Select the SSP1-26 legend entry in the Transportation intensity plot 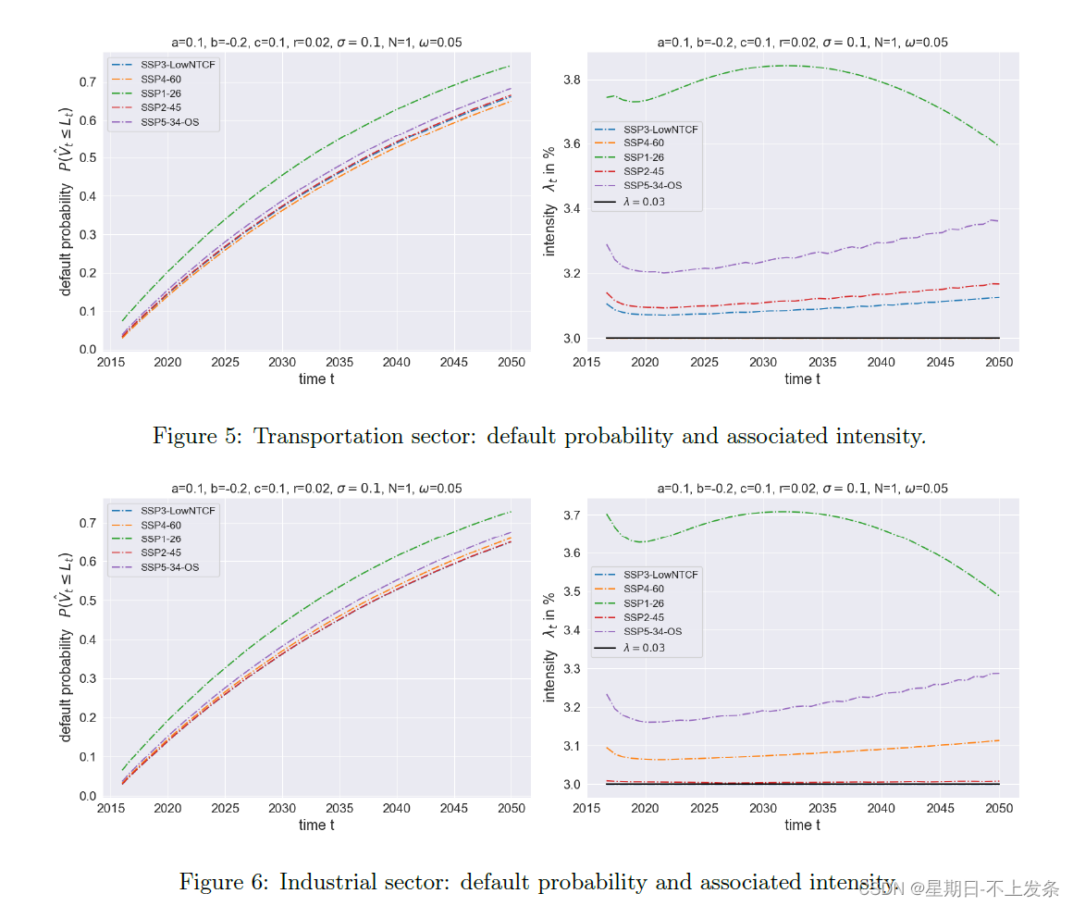coord(643,157)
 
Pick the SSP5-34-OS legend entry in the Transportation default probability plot coord(175,121)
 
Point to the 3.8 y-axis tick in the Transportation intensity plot coord(573,81)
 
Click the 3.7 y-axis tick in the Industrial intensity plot coord(573,515)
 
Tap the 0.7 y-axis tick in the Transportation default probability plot coord(88,82)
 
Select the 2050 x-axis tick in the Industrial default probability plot coord(511,808)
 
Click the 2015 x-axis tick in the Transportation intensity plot coord(586,362)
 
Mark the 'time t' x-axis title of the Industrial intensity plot coord(802,825)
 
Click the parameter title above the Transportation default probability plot coord(316,42)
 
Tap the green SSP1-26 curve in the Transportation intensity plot coord(786,66)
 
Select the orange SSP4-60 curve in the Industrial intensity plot coord(832,751)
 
